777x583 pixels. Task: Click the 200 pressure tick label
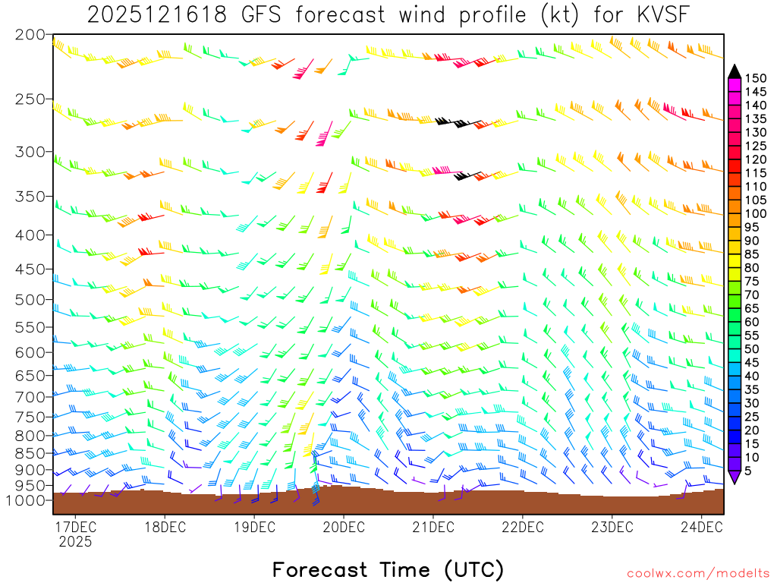coord(30,35)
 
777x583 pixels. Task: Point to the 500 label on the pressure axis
coord(30,300)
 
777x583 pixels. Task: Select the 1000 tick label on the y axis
coord(26,500)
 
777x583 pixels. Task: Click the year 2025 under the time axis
coord(75,542)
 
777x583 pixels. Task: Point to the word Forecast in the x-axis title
coord(319,569)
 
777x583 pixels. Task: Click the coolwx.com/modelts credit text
coord(697,573)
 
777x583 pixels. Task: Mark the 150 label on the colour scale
coord(755,78)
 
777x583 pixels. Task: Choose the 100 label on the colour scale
coord(755,213)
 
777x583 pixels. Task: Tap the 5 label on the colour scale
coord(749,471)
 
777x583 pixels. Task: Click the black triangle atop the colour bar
coord(734,71)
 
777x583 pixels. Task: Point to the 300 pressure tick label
coord(30,153)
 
